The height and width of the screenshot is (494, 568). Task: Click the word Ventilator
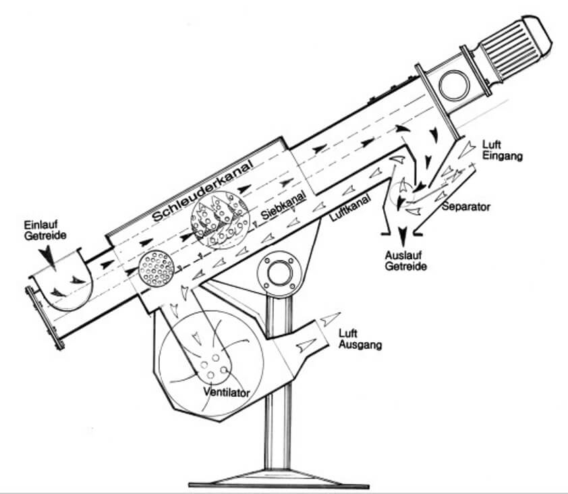point(223,391)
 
